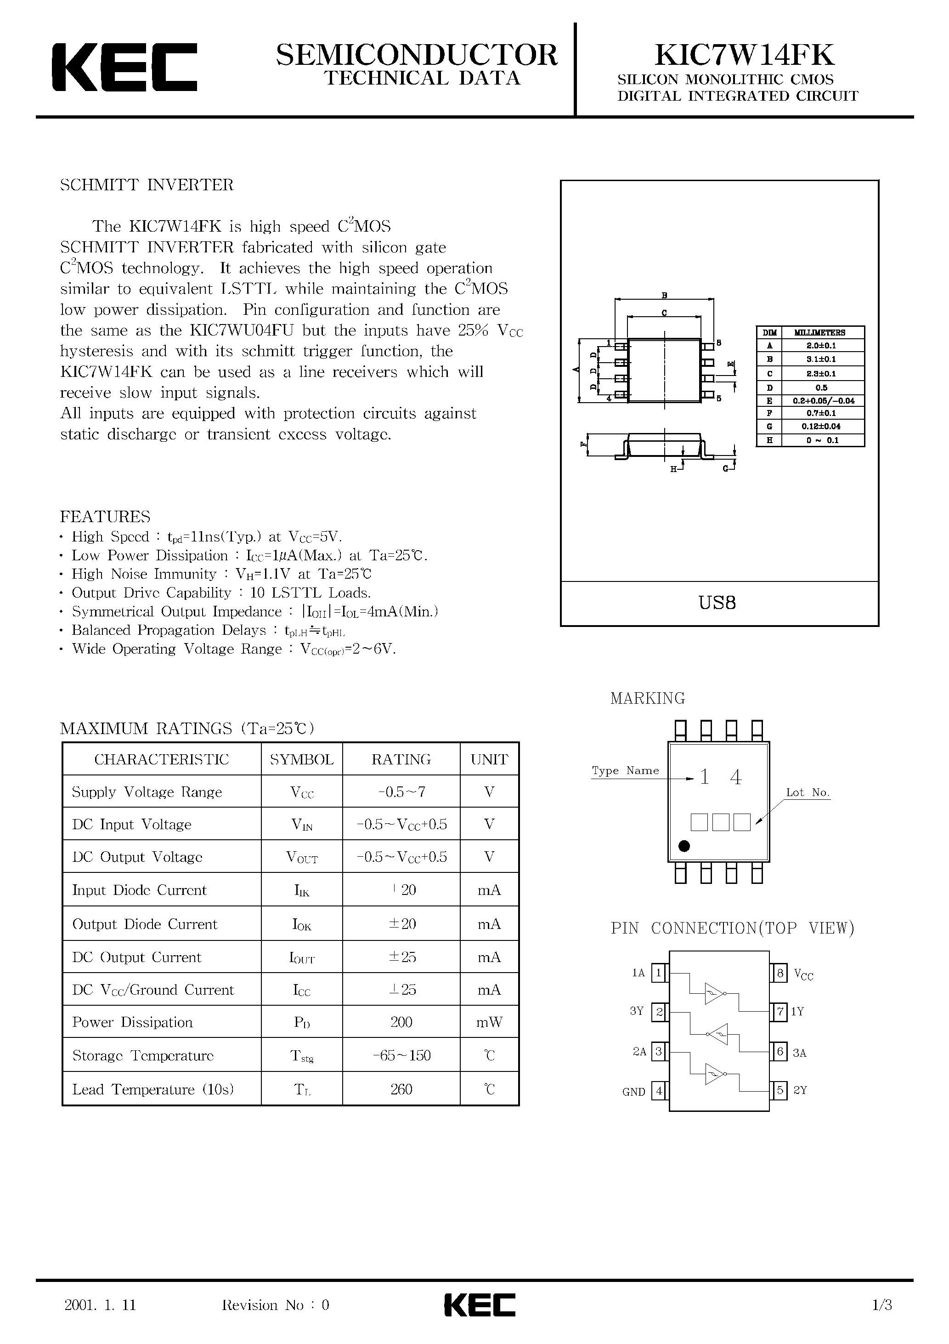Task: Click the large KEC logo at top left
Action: pos(124,67)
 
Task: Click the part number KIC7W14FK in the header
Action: pos(744,54)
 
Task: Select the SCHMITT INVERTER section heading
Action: pos(147,185)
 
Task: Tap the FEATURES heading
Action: pos(105,516)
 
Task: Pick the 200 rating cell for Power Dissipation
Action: pos(401,1022)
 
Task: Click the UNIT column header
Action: pos(490,759)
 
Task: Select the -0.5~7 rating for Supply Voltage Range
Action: pos(401,792)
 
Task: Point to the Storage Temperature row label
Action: pos(143,1055)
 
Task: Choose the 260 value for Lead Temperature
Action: pos(401,1089)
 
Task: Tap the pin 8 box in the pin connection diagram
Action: pos(780,974)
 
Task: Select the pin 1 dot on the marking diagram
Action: pos(684,846)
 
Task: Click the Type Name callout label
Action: pos(626,770)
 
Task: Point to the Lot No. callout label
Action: pos(808,792)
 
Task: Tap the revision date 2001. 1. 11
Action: pos(100,1305)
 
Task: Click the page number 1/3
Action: pos(882,1305)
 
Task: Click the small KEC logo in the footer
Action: pos(480,1305)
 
